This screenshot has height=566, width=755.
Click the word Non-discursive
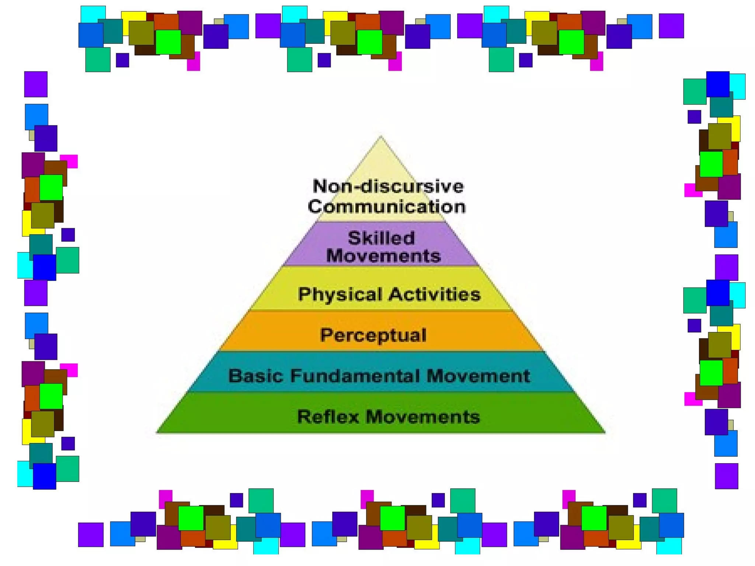(388, 186)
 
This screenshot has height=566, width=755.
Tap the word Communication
(387, 206)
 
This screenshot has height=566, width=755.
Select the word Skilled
(381, 238)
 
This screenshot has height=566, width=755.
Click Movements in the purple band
(383, 256)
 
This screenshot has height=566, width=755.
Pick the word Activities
(435, 294)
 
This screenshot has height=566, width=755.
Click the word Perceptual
(373, 335)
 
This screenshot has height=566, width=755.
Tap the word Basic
(256, 376)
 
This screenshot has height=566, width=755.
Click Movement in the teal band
(478, 376)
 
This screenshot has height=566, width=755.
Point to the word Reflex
(328, 417)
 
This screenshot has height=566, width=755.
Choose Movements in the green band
(422, 417)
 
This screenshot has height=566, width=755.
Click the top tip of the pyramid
(381, 137)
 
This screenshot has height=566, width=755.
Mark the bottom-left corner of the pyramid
(157, 432)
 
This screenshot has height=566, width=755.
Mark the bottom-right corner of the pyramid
(604, 432)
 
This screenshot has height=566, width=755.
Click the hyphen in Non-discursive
(355, 187)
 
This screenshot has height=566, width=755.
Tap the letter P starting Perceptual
(326, 335)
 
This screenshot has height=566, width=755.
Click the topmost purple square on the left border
(36, 84)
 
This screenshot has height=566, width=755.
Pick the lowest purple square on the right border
(726, 476)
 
